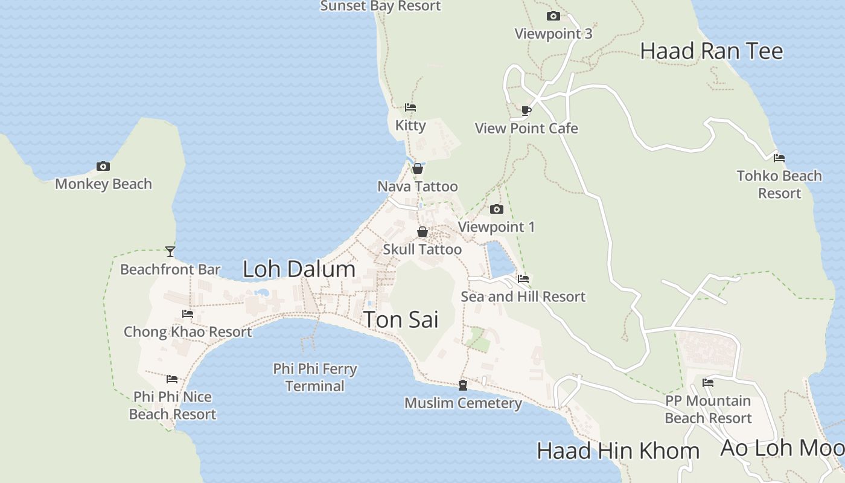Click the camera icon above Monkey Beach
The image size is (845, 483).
pyautogui.click(x=103, y=166)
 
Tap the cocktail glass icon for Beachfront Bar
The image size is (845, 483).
pyautogui.click(x=170, y=251)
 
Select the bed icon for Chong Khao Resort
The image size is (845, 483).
pyautogui.click(x=188, y=314)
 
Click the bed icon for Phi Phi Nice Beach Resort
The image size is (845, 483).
pyautogui.click(x=172, y=379)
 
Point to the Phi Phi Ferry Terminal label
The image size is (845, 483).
pyautogui.click(x=314, y=377)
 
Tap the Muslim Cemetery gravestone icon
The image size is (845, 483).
pyautogui.click(x=463, y=385)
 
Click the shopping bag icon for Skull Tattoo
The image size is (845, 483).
pyautogui.click(x=422, y=232)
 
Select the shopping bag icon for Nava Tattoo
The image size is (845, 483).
pyautogui.click(x=418, y=168)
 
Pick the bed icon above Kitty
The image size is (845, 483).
pyautogui.click(x=410, y=107)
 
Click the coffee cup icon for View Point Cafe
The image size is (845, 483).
pyautogui.click(x=526, y=110)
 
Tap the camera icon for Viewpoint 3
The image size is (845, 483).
pyautogui.click(x=553, y=16)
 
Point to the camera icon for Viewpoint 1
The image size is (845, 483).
pyautogui.click(x=496, y=210)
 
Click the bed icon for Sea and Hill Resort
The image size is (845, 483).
pyautogui.click(x=523, y=279)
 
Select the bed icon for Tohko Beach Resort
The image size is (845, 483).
pyautogui.click(x=779, y=158)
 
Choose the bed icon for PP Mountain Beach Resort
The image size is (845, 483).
pyautogui.click(x=708, y=383)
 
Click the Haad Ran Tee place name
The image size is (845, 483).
pyautogui.click(x=712, y=51)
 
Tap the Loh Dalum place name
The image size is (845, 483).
pyautogui.click(x=299, y=269)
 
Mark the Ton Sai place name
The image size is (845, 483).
pyautogui.click(x=401, y=320)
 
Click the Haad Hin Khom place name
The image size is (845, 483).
pyautogui.click(x=618, y=451)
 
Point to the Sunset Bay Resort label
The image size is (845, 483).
pyautogui.click(x=380, y=7)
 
